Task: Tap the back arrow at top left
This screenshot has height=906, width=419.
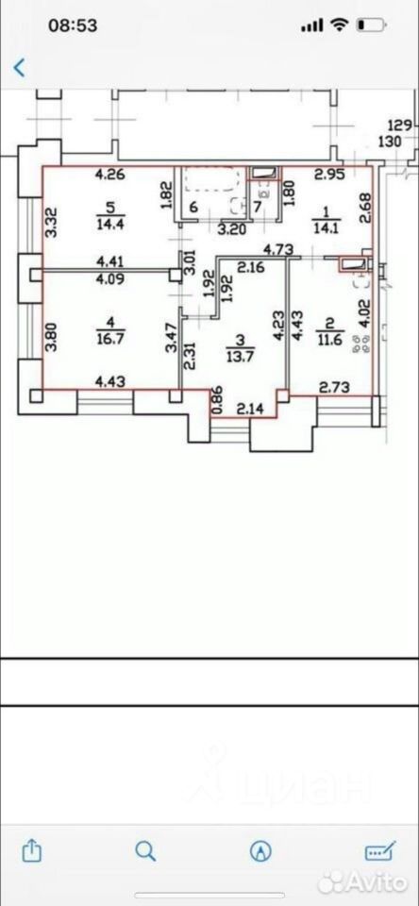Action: click(19, 68)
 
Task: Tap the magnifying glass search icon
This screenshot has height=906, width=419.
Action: click(145, 851)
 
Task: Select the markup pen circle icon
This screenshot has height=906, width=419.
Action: click(261, 851)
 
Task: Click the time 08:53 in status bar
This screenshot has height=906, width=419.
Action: click(73, 25)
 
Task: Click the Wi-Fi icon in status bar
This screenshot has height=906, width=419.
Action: click(339, 25)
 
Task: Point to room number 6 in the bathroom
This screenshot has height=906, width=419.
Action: click(193, 207)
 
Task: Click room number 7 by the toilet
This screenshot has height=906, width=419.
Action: click(258, 207)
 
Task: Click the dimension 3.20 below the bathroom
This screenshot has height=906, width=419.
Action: click(233, 228)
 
